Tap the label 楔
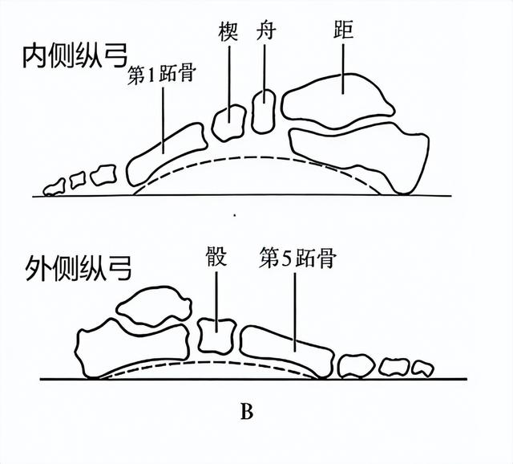coord(228,34)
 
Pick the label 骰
coord(216,259)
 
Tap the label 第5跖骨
coord(297,259)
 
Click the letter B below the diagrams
coord(247,413)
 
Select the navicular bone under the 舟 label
coord(264,111)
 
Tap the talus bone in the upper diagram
coord(337,100)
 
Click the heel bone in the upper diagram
coord(365,153)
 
